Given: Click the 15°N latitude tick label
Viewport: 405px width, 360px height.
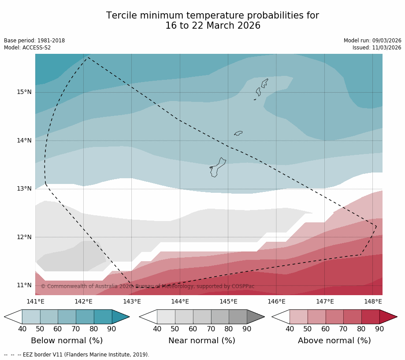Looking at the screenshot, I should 24,92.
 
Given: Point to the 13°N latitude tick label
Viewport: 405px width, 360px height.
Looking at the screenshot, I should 24,189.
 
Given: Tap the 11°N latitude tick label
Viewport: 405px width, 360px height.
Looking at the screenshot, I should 24,285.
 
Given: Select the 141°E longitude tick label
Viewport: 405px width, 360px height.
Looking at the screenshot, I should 35,302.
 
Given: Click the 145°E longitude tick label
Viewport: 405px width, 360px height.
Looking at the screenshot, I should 228,302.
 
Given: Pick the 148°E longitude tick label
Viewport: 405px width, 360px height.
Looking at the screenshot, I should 373,302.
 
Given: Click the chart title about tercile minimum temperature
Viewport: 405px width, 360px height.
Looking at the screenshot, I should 212,21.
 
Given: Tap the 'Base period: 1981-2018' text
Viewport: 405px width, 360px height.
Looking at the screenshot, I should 34,41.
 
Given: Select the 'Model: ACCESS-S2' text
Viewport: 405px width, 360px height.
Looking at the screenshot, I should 27,48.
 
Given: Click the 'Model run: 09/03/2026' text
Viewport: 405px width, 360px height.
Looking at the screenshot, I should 372,41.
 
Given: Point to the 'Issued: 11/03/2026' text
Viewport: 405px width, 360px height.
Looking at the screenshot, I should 377,48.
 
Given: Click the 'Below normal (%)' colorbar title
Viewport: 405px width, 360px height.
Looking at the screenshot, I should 67,341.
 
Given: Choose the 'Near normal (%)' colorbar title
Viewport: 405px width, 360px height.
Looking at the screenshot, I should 202,341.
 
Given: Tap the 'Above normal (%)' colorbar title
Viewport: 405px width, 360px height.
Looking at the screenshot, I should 334,341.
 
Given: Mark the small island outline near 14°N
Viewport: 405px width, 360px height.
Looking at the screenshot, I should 238,133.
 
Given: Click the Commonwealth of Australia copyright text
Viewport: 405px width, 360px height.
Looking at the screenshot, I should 148,286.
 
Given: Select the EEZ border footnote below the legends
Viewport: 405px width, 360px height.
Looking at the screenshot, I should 77,355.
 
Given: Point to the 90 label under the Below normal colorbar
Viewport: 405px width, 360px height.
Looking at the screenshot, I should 111,329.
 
